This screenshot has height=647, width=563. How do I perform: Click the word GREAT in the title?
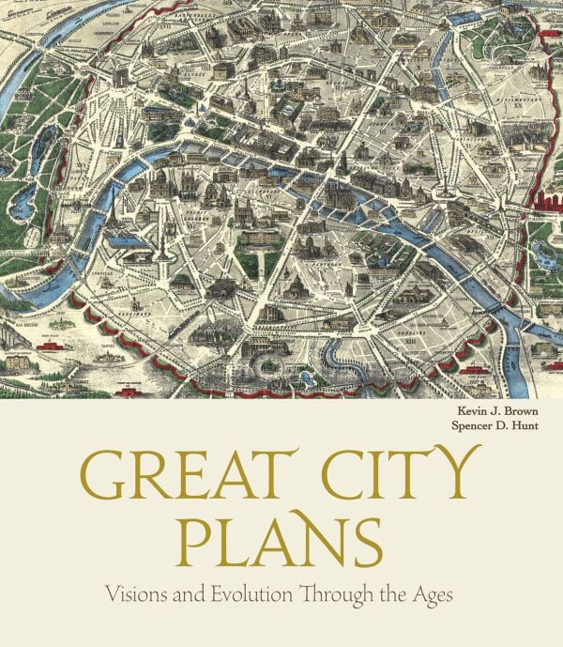pos(190,479)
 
